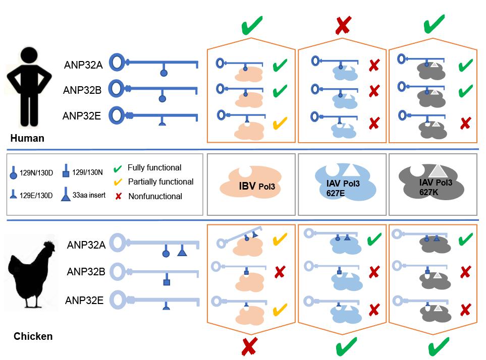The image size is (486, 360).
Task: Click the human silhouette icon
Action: (29, 87)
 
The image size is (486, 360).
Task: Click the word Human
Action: (27, 138)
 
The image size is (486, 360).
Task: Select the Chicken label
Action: (33, 336)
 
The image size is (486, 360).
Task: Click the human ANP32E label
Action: (82, 116)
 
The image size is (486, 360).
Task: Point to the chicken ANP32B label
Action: (86, 271)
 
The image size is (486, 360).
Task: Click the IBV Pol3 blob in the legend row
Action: (251, 182)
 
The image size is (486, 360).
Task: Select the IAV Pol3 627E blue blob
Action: (345, 182)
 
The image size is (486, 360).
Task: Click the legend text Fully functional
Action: (154, 168)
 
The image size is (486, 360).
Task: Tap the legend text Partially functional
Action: (160, 182)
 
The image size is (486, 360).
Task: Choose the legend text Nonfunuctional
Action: (155, 196)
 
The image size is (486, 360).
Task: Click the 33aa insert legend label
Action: (89, 195)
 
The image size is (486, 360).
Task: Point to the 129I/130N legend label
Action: (87, 172)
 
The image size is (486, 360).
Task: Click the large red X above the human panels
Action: (343, 25)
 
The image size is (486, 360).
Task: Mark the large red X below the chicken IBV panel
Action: (249, 346)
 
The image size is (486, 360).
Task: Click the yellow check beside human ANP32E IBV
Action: (280, 123)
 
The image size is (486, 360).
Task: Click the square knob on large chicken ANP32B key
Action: (167, 282)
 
